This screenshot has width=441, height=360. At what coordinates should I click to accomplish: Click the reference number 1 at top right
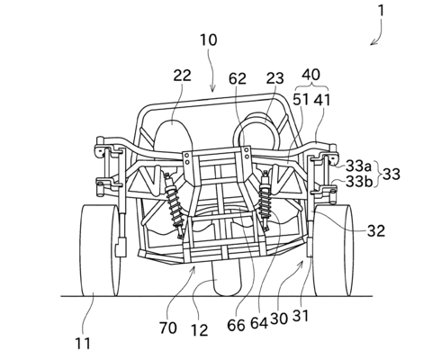coord(381,11)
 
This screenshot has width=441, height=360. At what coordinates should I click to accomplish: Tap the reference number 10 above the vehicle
coord(209,40)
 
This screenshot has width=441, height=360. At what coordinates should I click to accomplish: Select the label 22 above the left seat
coord(182,76)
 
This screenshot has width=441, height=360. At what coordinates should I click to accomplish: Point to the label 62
coord(238,79)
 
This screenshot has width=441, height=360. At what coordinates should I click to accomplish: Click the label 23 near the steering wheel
coord(274,78)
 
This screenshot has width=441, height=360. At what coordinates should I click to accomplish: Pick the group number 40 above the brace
coord(310,75)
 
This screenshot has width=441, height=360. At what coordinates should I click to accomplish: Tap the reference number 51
coord(301,100)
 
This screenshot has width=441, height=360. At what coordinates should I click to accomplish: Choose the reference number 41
coord(322,100)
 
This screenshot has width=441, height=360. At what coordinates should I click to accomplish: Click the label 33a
coord(359,166)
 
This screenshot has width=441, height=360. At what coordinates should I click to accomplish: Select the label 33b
coord(359,181)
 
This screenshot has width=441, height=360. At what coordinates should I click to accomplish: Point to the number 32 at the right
coord(376,230)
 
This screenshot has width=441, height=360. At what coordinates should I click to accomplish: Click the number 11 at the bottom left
coord(83,344)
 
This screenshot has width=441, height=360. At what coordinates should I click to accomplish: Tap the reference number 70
coord(168,328)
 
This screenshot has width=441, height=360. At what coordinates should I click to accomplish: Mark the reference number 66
coord(236,325)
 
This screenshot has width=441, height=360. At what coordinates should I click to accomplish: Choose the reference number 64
coord(259,323)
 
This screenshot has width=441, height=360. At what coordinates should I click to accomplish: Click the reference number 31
coord(301,316)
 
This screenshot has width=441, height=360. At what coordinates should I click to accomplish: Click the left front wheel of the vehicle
coord(100,250)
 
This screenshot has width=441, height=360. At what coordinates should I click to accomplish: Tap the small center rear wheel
coord(228,278)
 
